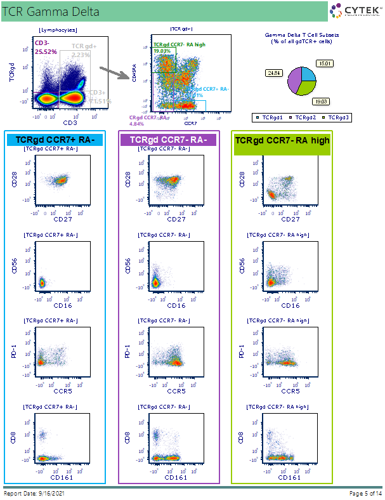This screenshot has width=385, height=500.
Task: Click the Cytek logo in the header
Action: (355, 10)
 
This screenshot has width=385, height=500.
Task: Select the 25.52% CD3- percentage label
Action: (46, 52)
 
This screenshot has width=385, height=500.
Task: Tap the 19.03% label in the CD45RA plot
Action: (162, 51)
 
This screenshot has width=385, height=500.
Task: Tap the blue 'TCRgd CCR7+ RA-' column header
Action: (55, 140)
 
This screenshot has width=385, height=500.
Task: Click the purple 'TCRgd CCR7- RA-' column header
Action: (168, 140)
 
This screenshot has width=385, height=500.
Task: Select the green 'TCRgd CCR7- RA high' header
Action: (282, 140)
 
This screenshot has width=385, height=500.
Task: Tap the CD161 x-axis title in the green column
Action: (290, 477)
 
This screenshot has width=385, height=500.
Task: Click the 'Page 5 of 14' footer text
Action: (366, 493)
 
